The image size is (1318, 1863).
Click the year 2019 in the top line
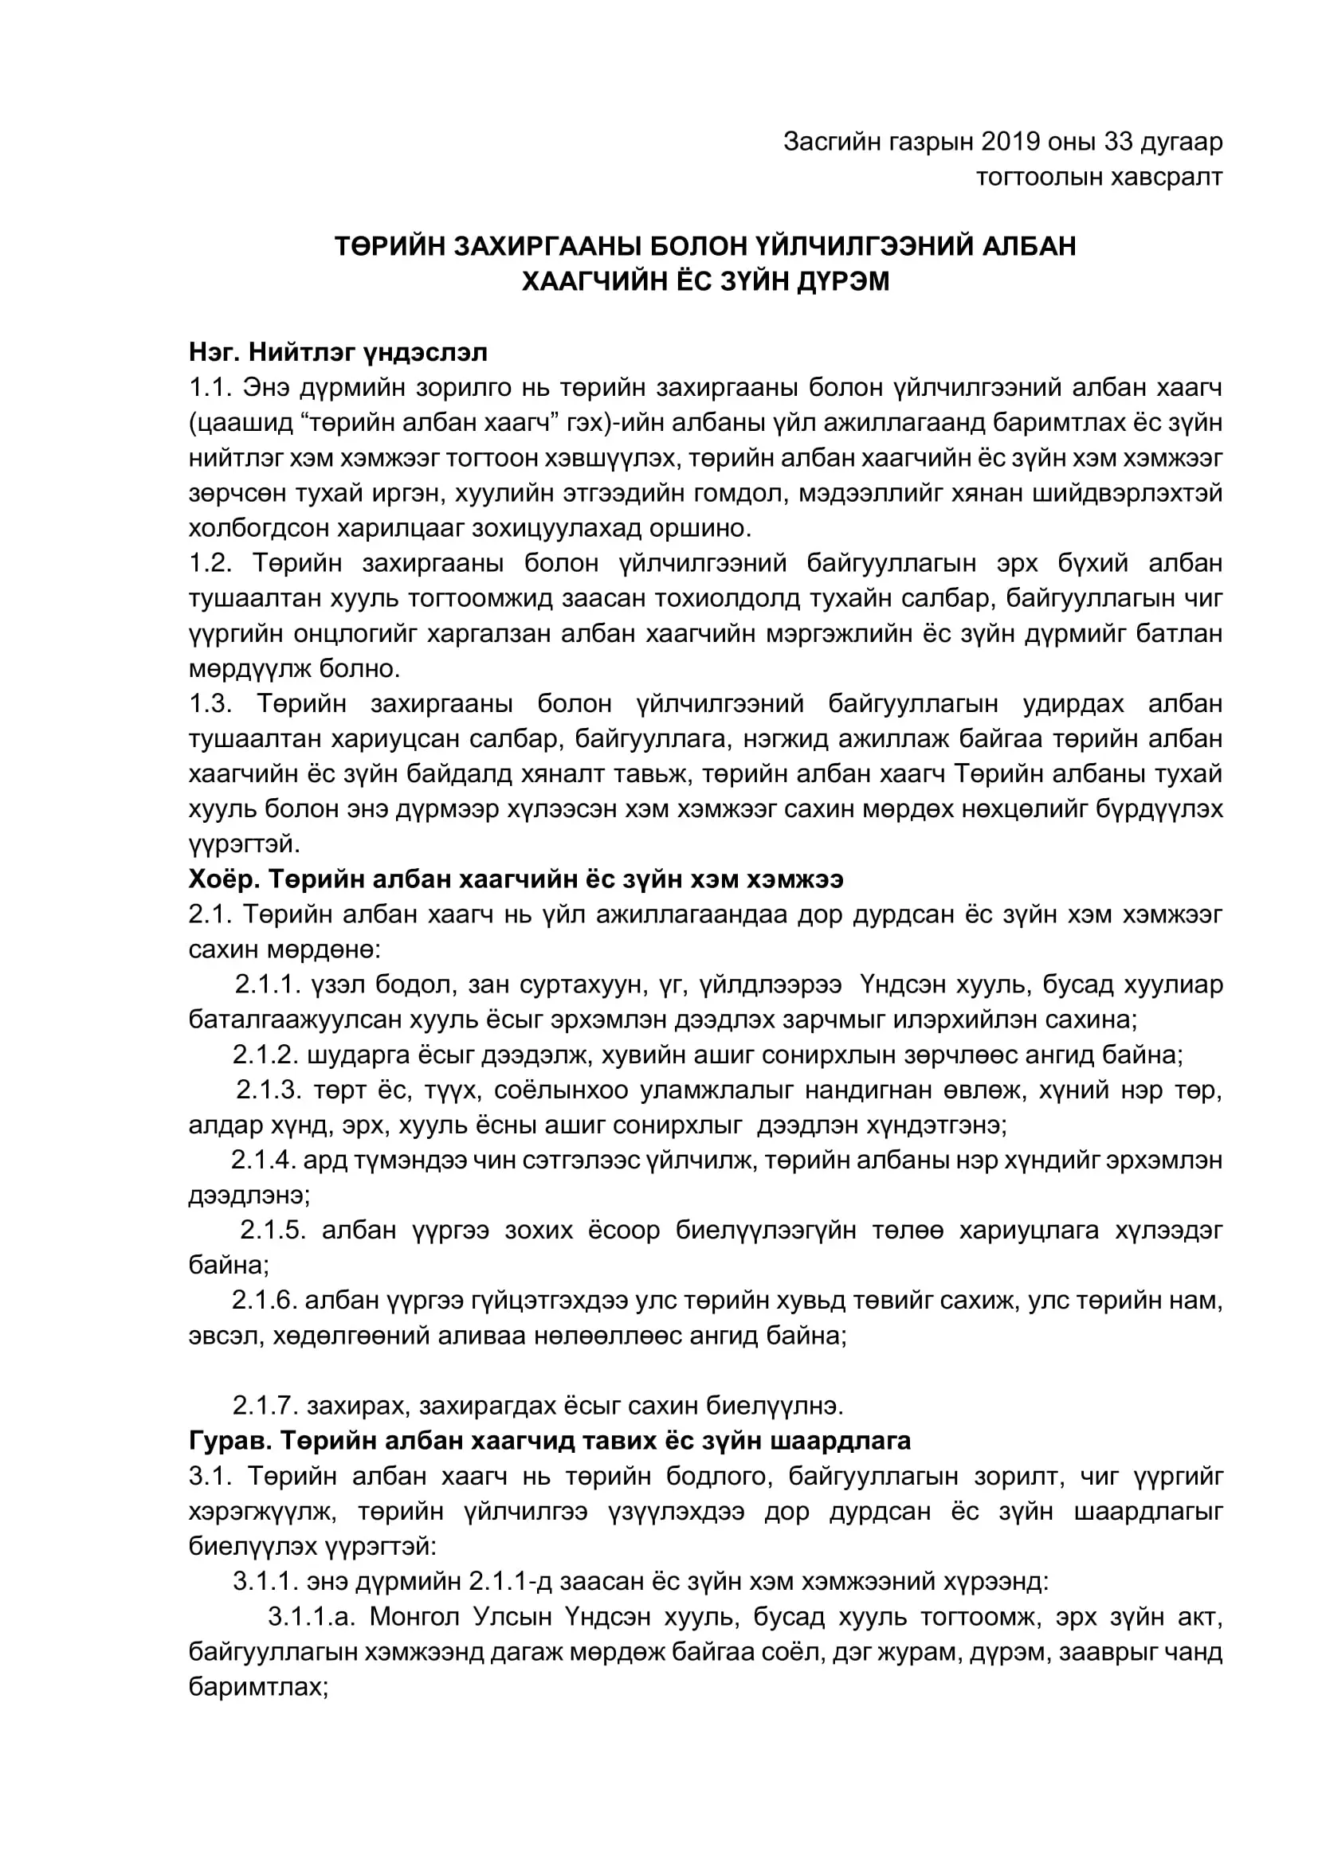pos(1011,142)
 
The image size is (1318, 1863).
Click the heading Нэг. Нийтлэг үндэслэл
pos(338,352)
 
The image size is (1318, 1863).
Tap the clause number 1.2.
pos(212,563)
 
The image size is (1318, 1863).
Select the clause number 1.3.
pos(212,703)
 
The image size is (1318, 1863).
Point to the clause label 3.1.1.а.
pos(312,1616)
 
